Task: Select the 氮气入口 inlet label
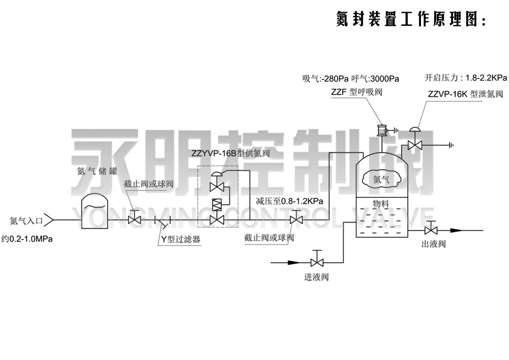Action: pos(26,220)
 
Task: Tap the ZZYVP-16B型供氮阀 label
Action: pos(230,153)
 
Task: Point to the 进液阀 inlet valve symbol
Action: pos(317,262)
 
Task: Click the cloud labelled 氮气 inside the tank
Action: pos(380,179)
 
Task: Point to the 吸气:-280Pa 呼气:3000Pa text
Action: pos(351,78)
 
